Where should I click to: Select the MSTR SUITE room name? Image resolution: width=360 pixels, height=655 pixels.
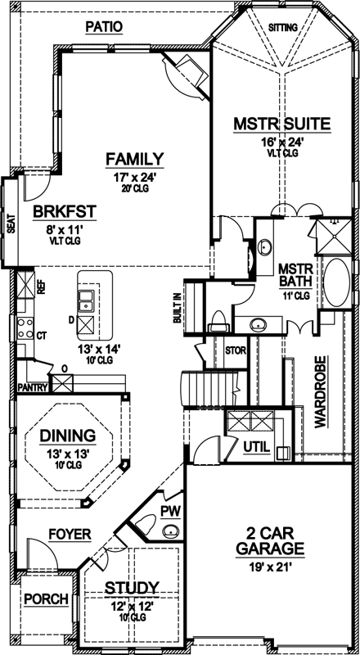281,124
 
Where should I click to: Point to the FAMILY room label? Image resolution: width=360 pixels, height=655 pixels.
134,159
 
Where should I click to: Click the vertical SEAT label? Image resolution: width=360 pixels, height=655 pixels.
11,224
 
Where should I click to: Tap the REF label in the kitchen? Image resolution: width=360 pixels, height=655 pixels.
20,288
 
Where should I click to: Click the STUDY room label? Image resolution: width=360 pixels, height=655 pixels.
131,588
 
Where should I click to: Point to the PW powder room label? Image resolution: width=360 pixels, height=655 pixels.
170,511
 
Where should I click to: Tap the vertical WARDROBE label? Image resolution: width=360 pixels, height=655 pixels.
321,392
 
